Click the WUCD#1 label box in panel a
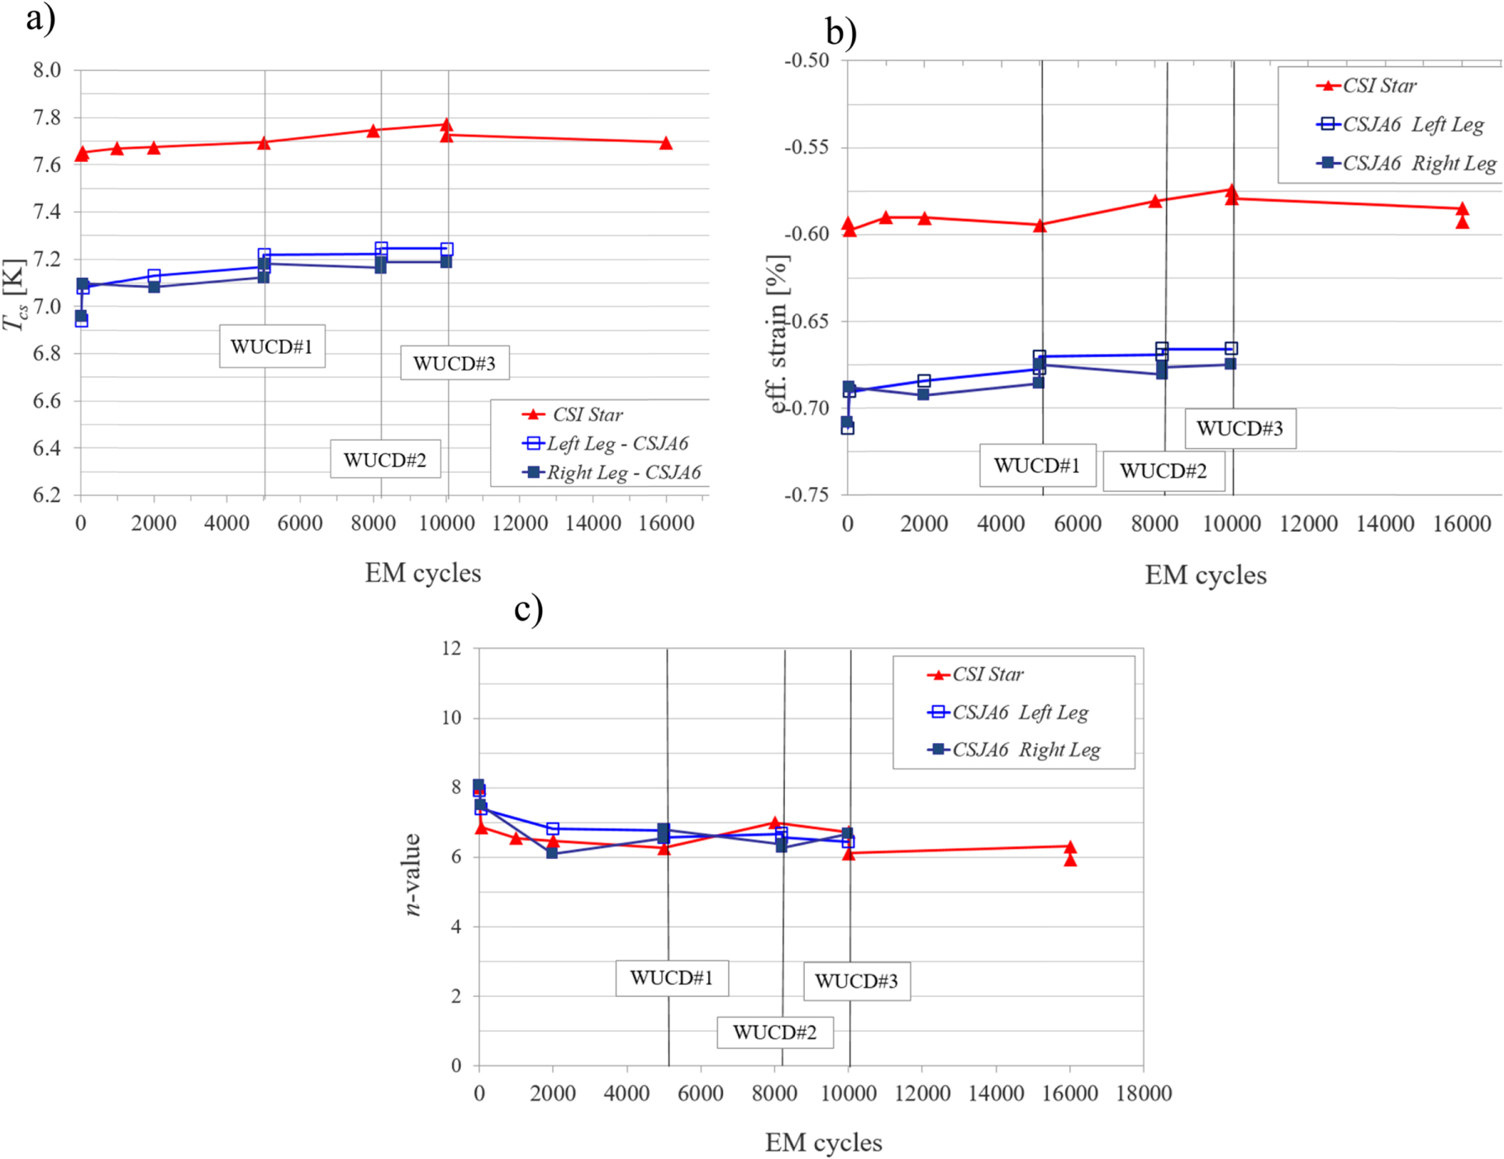coord(272,346)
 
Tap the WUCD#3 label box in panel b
coord(1240,428)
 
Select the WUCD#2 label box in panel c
coord(774,1032)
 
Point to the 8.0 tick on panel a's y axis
coord(47,70)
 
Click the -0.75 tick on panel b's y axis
coord(806,494)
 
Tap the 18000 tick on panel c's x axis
coord(1143,1094)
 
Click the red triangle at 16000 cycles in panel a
coord(666,143)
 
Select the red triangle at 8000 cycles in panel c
coord(774,823)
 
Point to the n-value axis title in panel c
coord(412,874)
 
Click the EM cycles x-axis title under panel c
coord(823,1142)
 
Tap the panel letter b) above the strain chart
coord(840,31)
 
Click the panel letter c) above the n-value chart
coord(528,608)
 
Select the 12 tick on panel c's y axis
coord(451,648)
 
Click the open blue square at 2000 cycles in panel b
coord(924,381)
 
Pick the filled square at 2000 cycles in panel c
coord(552,852)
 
